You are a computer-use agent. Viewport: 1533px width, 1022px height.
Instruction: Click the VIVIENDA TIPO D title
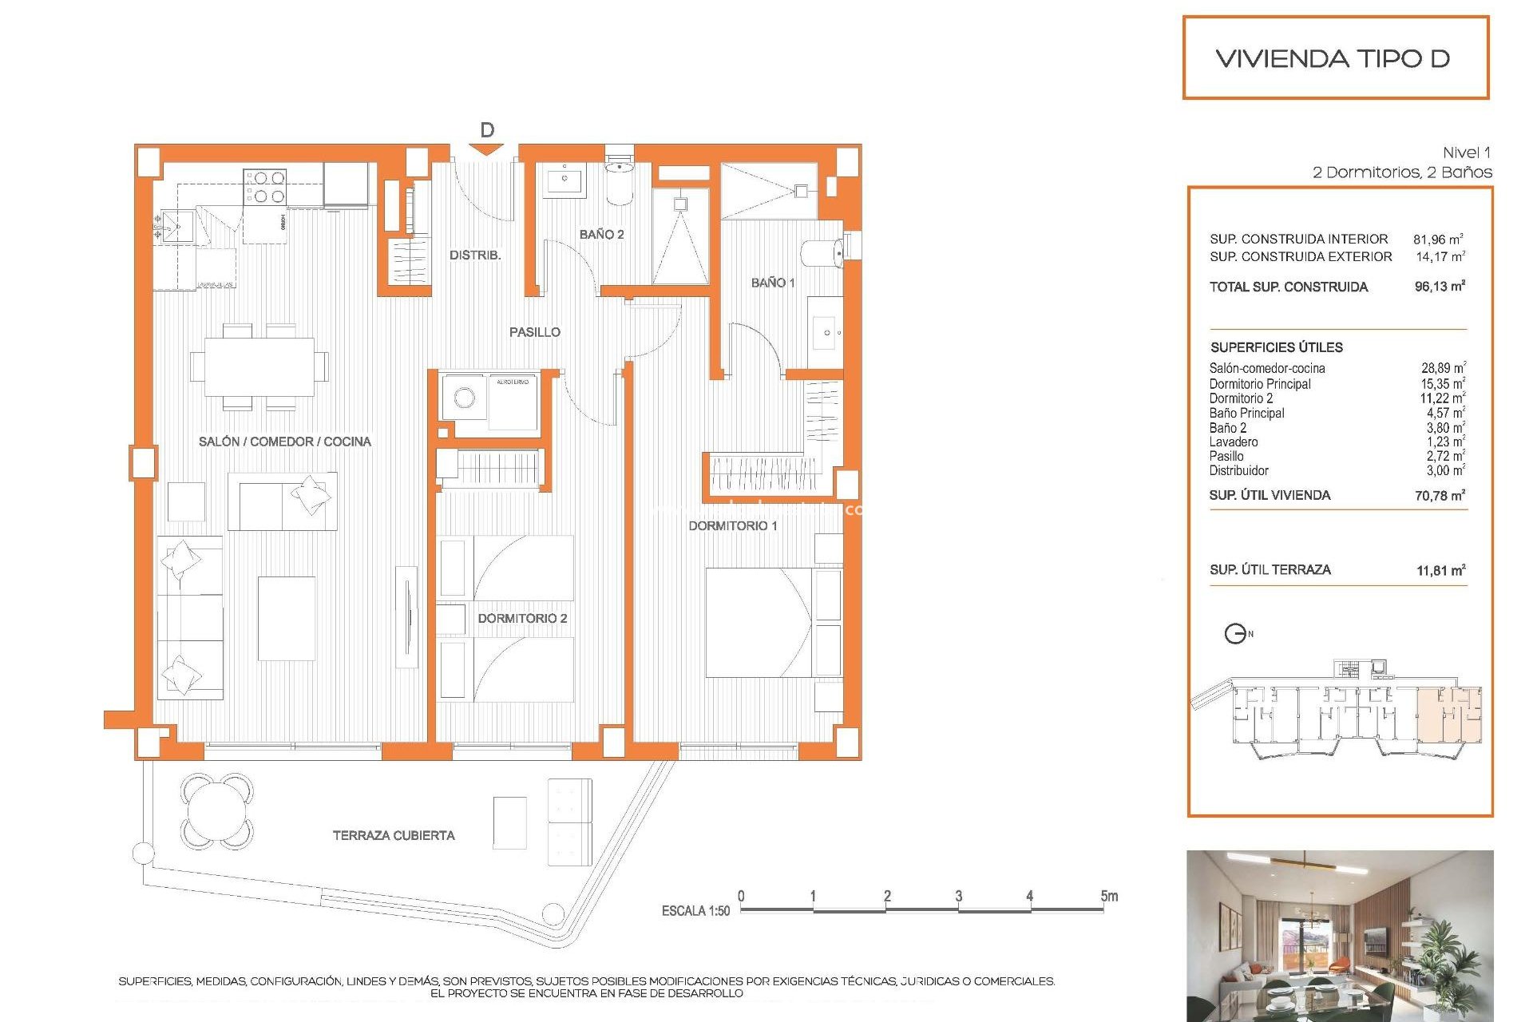[1333, 58]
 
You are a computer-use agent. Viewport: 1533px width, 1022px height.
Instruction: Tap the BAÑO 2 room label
[601, 234]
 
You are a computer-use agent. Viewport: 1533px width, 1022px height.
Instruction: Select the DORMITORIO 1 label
[732, 525]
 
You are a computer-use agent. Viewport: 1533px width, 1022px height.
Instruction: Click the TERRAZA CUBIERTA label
[394, 835]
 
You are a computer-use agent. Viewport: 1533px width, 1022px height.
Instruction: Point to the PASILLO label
[535, 332]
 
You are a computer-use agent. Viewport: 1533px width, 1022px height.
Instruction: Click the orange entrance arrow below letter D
[486, 149]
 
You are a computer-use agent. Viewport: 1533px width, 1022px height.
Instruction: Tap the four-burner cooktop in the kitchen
[265, 187]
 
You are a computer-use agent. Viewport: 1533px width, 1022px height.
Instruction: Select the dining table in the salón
[259, 366]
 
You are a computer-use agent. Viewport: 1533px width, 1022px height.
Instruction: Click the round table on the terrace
[216, 810]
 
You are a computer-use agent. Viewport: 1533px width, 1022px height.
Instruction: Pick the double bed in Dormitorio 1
[759, 623]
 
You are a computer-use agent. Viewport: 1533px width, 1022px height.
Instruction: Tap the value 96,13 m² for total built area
[1440, 287]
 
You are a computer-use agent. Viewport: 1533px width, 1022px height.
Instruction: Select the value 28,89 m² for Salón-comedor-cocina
[1443, 368]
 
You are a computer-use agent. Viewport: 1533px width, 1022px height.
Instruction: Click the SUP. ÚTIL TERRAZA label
[1270, 569]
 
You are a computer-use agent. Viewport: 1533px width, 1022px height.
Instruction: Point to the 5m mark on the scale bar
[1108, 896]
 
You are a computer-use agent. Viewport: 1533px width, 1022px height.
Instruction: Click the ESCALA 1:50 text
[695, 911]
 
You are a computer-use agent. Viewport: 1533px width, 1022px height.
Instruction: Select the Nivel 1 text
[1466, 153]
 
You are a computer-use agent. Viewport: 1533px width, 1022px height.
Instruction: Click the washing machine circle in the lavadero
[464, 397]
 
